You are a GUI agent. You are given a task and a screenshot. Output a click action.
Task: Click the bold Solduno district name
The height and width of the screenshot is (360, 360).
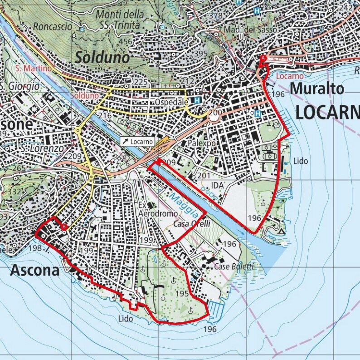[102, 57]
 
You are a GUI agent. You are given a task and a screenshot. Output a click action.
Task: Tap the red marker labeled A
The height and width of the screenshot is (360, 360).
[263, 58]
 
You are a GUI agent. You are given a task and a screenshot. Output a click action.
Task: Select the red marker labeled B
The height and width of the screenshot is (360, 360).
[64, 227]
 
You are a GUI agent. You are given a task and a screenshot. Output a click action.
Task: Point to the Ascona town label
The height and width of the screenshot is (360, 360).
[35, 270]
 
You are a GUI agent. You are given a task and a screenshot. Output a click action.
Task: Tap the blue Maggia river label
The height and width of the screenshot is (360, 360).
[184, 204]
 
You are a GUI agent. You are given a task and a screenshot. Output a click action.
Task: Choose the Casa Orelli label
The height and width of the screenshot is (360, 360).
[192, 225]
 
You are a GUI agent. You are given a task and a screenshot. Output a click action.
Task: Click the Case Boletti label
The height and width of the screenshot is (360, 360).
[234, 266]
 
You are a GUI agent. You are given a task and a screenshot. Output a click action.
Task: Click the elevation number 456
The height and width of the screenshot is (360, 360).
[125, 42]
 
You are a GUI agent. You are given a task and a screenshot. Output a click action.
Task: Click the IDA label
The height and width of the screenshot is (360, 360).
[218, 186]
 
